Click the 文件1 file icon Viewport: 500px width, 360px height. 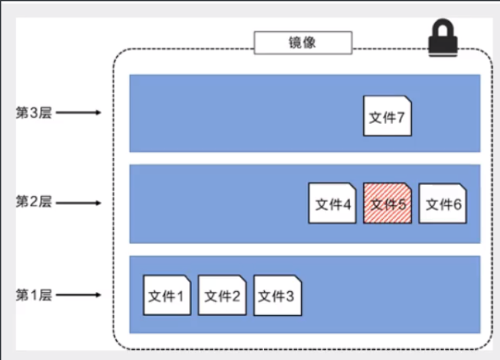(x=167, y=295)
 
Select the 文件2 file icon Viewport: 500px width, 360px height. (x=222, y=295)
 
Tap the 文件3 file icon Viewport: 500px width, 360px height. (x=278, y=295)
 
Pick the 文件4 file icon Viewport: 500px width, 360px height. (x=333, y=203)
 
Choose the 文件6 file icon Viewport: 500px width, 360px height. (x=443, y=203)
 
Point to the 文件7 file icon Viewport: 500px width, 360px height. (x=387, y=116)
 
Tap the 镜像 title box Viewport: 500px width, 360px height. (x=303, y=43)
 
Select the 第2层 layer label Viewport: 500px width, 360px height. (x=33, y=202)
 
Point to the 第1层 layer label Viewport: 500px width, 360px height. (x=33, y=295)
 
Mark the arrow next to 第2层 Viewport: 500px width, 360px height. (x=78, y=202)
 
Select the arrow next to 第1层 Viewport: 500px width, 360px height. (x=78, y=295)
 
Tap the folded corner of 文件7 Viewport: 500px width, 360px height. (x=407, y=100)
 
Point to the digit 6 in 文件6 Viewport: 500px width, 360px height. (x=456, y=204)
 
